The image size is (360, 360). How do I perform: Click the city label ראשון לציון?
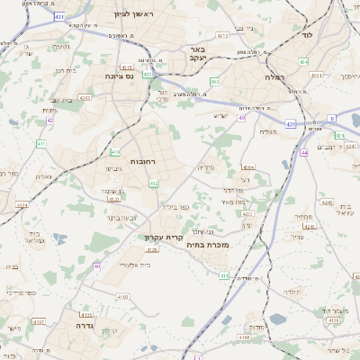click(x=134, y=15)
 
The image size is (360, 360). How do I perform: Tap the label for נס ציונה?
click(x=119, y=77)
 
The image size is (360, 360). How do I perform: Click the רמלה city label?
click(x=274, y=78)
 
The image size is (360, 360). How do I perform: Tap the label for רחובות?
click(x=144, y=161)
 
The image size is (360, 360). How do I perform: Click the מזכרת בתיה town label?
click(x=208, y=244)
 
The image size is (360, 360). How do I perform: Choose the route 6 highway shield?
click(x=331, y=118)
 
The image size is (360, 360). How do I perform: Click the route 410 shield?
click(x=115, y=153)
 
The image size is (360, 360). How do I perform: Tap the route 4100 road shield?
click(x=244, y=337)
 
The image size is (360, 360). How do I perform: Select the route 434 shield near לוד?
click(x=303, y=61)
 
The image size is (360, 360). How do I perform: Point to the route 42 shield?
click(x=50, y=120)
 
